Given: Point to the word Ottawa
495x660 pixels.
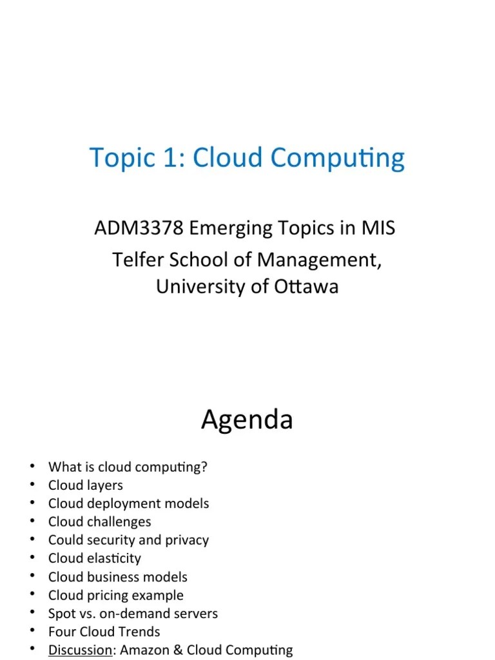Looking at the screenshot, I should [x=307, y=287].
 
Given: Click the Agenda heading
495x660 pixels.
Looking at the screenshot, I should [x=247, y=420].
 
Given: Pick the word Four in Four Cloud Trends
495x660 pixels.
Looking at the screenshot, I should [x=61, y=632].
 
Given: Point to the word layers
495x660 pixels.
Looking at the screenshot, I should [x=102, y=485].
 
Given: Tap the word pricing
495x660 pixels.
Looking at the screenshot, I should [x=103, y=595].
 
